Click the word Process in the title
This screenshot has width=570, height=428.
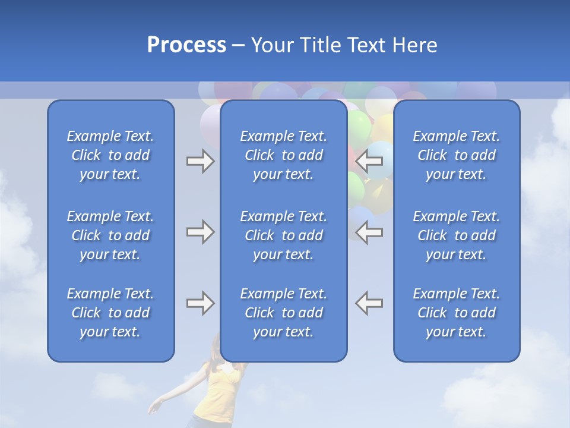(186, 45)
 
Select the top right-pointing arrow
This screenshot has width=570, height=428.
(200, 161)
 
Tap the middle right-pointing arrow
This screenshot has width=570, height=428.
(200, 232)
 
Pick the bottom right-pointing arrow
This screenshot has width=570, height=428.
(200, 303)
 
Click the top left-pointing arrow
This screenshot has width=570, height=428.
(369, 161)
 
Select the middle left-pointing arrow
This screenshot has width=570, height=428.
(369, 232)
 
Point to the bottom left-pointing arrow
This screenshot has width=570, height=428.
(369, 303)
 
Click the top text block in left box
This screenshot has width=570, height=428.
(110, 155)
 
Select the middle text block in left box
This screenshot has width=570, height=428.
(110, 235)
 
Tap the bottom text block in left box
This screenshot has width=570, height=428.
(110, 313)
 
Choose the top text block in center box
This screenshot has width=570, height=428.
(283, 155)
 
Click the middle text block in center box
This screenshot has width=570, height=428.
(283, 235)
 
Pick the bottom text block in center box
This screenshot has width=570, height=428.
(283, 313)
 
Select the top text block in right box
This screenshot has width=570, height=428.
(456, 155)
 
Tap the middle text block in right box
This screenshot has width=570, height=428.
(456, 235)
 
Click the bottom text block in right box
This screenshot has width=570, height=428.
(456, 313)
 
